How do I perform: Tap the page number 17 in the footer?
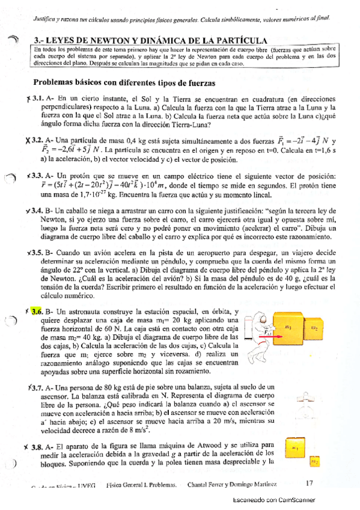[x=310, y=483]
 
